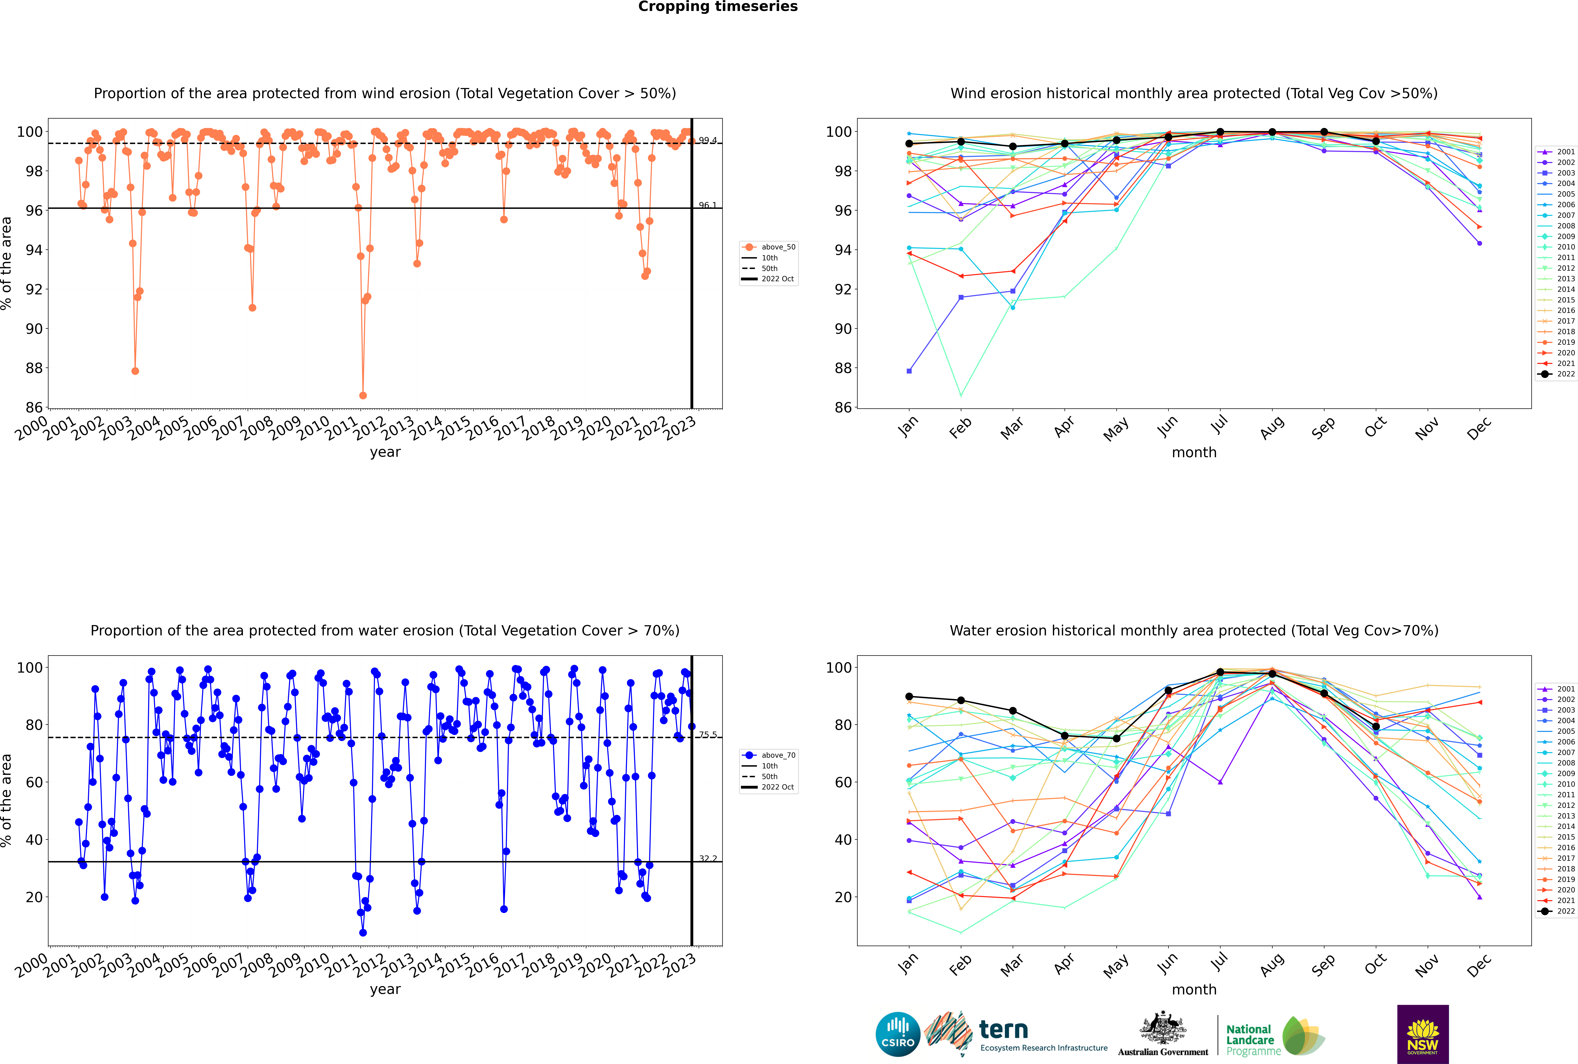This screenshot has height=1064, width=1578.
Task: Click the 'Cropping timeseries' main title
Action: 718,7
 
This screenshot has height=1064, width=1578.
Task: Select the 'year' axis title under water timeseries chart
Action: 385,989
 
